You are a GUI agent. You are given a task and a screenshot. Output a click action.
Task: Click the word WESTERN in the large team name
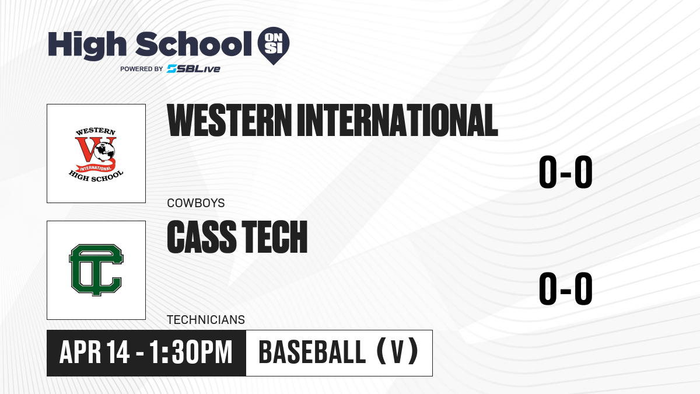pos(229,120)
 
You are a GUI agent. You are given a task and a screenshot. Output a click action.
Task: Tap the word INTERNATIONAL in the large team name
pos(397,120)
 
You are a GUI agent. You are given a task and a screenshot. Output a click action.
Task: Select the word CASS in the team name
pos(202,236)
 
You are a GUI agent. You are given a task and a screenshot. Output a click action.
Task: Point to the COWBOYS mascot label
pos(196,203)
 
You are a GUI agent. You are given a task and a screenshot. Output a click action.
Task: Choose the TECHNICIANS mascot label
pos(206,320)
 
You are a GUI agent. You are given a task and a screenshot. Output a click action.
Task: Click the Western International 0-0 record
pos(566,172)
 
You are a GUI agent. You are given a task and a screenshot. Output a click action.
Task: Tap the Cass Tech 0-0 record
pos(566,288)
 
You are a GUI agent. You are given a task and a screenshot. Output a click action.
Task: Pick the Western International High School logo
pos(96,154)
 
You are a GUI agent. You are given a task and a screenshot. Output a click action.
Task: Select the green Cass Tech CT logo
pos(96,270)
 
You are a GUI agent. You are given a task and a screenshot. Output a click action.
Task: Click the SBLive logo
pos(194,68)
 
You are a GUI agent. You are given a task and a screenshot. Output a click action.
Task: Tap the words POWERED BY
pos(142,69)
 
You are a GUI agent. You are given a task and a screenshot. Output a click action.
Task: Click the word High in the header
pos(87,46)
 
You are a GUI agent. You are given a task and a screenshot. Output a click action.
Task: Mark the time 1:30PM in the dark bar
pos(191,353)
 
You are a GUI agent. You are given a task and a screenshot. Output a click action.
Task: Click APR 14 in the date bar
pos(94,353)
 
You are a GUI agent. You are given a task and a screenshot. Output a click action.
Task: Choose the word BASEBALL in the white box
pos(312,353)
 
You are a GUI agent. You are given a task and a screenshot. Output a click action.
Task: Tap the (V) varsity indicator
pos(397,351)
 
